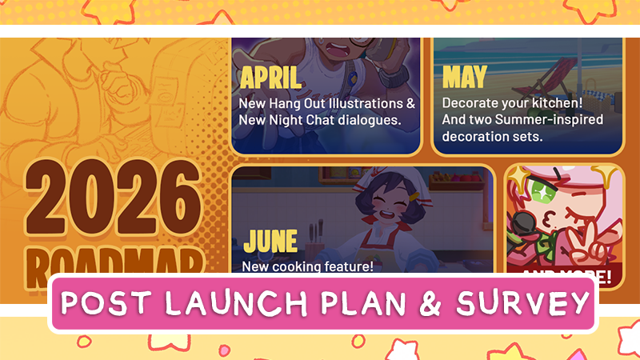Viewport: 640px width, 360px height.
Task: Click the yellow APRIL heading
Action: (x=271, y=78)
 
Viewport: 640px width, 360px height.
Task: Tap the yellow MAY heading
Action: (x=464, y=78)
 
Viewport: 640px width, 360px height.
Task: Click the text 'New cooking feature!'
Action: (x=307, y=266)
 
